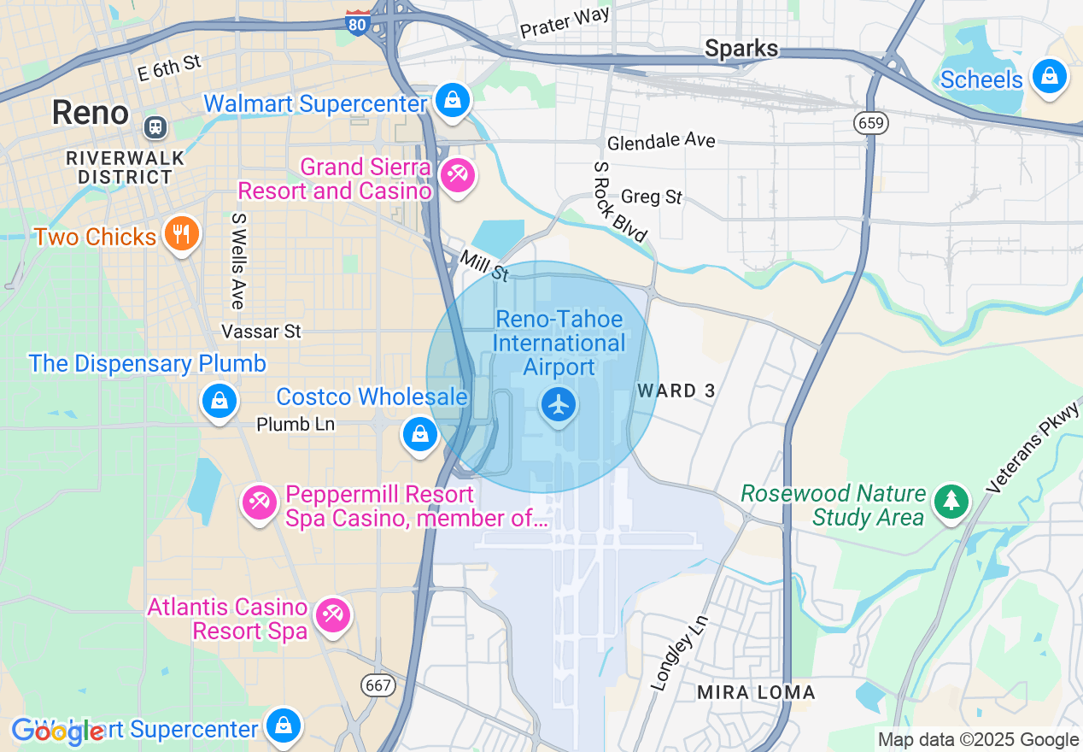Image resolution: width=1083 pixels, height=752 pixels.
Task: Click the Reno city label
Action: (90, 113)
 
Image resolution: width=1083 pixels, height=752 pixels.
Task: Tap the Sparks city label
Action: (741, 49)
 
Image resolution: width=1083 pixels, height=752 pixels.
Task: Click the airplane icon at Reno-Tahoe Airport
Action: (559, 404)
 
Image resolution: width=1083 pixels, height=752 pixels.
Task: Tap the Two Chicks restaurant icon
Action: (181, 234)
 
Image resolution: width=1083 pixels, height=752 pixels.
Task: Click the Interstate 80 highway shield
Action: (358, 24)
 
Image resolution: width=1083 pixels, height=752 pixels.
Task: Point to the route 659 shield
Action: (869, 123)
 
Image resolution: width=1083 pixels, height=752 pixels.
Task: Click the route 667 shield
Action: (377, 684)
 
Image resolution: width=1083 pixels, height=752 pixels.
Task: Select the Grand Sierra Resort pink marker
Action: (457, 176)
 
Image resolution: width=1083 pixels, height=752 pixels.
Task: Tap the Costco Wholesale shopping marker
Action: (419, 433)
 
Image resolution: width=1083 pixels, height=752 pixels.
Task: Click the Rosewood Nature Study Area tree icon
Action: (951, 501)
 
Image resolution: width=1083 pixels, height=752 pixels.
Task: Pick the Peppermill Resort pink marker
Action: (259, 502)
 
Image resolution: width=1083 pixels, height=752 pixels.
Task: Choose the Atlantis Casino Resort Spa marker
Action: (332, 615)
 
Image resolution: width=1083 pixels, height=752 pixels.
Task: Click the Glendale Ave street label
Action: (660, 141)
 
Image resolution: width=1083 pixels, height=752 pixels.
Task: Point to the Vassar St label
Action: (261, 331)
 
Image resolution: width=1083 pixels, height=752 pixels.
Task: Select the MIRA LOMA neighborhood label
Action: (756, 692)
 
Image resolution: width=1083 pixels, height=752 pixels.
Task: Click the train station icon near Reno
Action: (156, 127)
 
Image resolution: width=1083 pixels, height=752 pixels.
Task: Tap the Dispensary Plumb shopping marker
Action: (220, 400)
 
